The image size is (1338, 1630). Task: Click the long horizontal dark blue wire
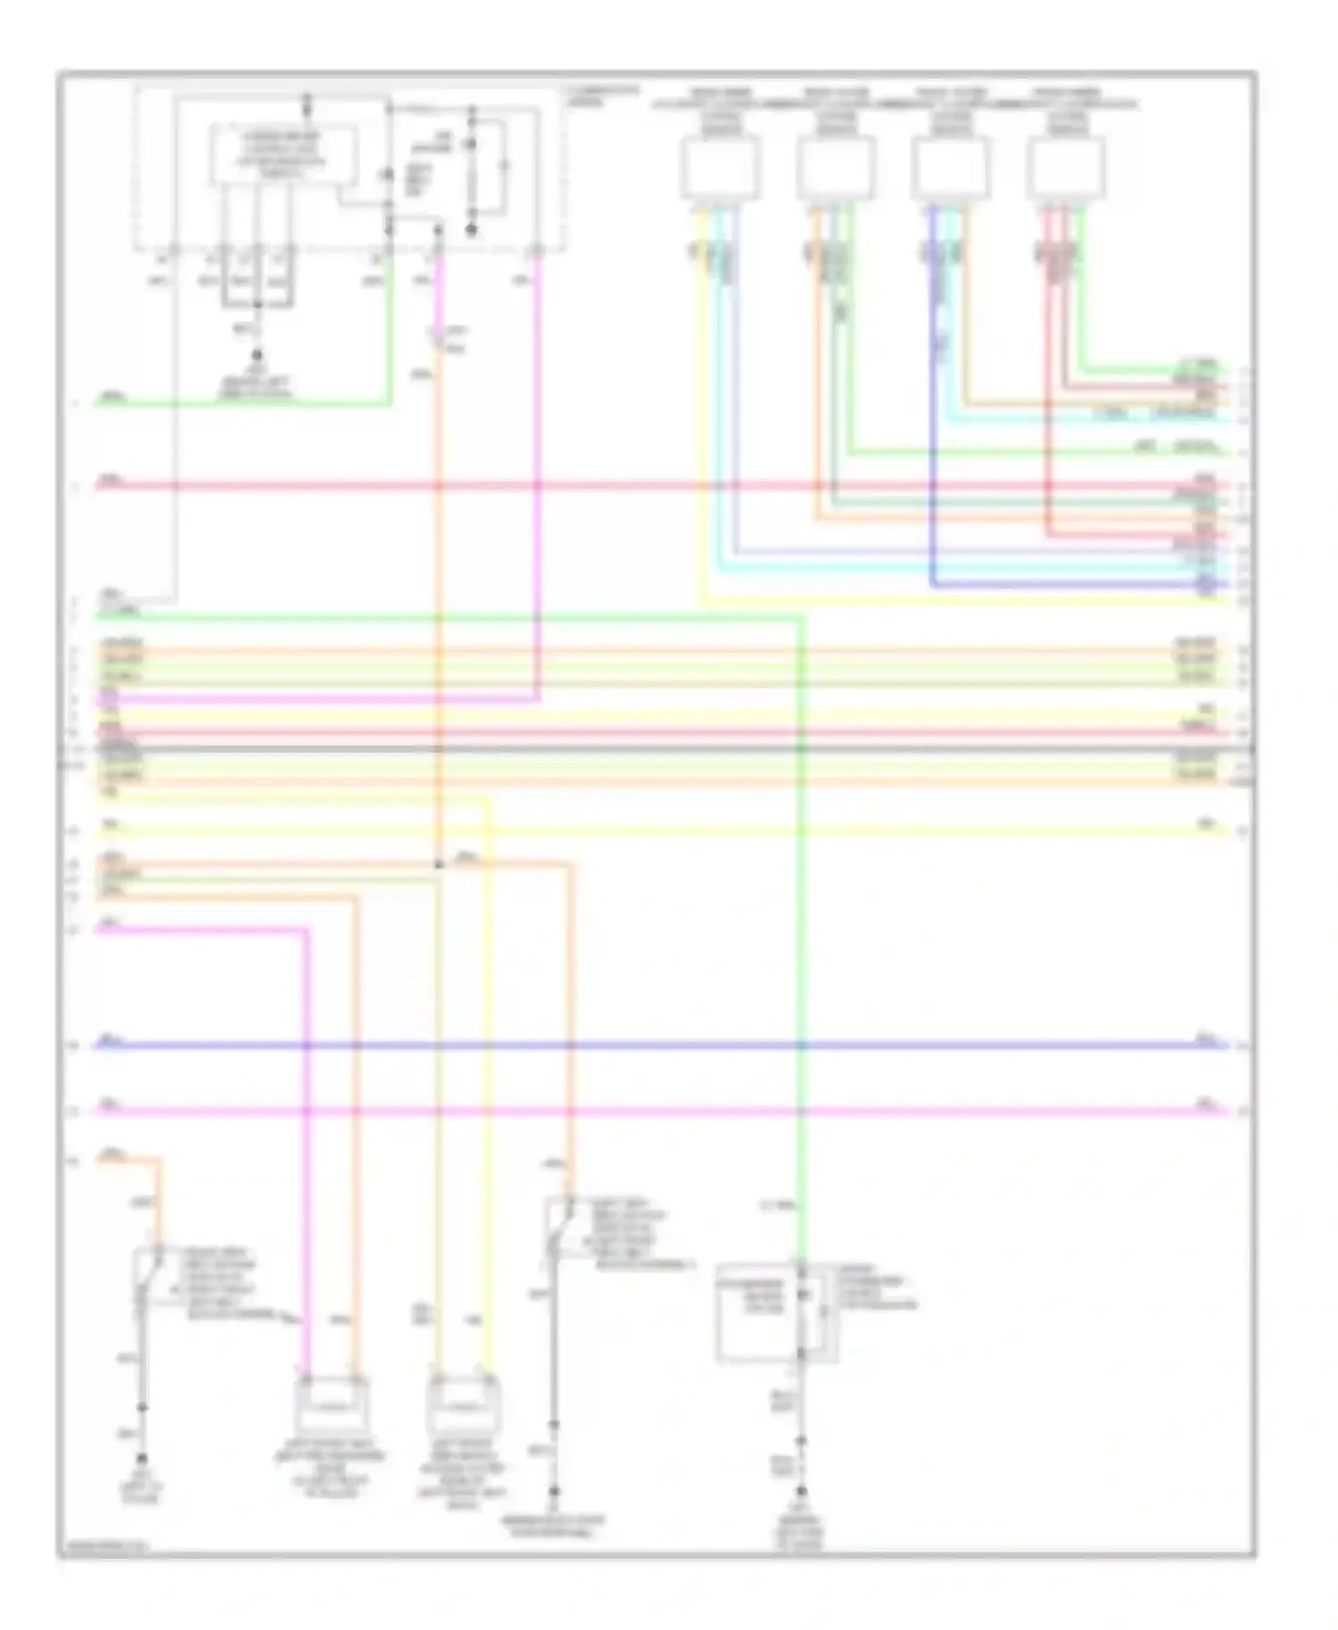coord(660,1044)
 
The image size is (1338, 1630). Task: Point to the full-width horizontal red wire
coord(660,486)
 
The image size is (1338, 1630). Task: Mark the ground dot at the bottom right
coord(801,1490)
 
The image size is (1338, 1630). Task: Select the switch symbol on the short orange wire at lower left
coord(148,1275)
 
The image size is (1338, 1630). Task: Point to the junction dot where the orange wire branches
coord(438,865)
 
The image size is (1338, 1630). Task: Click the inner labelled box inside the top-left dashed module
coord(282,155)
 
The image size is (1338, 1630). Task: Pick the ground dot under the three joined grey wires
coord(257,353)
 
